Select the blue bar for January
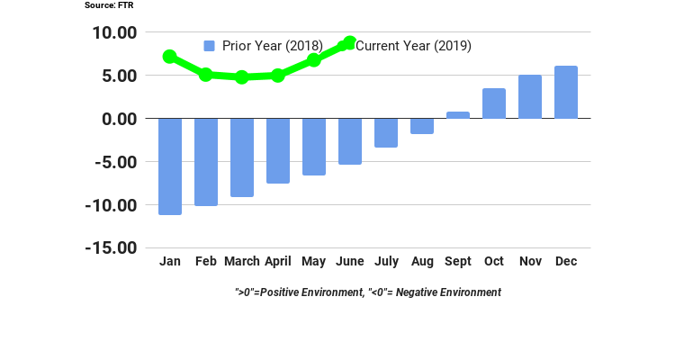tap(170, 166)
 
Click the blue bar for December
tap(566, 92)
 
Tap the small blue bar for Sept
tap(458, 115)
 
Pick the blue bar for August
tap(422, 126)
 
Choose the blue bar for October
tap(494, 103)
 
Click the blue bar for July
tap(386, 132)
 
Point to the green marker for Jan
tap(169, 57)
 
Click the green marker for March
tap(241, 77)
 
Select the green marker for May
tap(313, 60)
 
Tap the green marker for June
tap(349, 43)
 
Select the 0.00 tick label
tap(119, 119)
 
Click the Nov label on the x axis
tap(530, 261)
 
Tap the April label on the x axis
tap(277, 261)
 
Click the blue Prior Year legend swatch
tap(210, 46)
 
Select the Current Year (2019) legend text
tap(413, 46)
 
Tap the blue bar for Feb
tap(206, 162)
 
